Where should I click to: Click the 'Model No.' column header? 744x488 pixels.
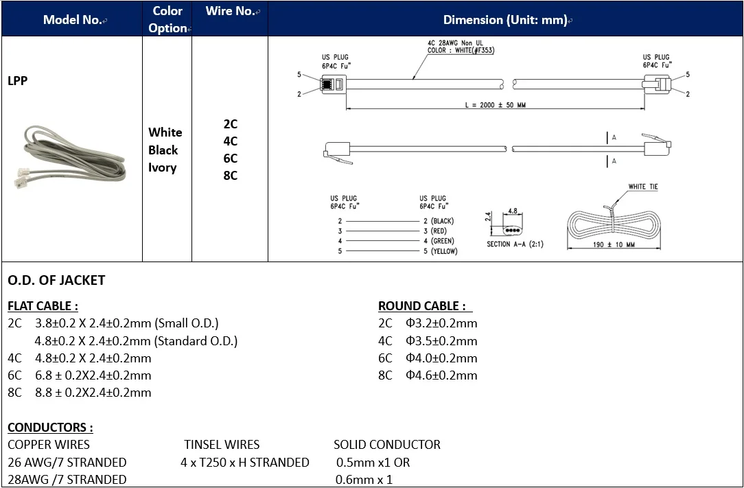coord(72,19)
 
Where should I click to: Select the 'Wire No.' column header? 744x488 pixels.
coord(230,11)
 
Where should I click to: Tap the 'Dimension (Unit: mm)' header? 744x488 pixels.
coord(505,20)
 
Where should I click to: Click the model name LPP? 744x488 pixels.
coord(18,80)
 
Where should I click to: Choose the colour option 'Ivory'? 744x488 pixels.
coord(163,167)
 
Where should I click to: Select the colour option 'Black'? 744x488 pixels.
coord(163,150)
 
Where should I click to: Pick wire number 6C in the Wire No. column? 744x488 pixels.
coord(230,158)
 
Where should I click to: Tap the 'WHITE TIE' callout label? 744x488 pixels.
coord(643,187)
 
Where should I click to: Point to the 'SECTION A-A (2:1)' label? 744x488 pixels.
coord(515,244)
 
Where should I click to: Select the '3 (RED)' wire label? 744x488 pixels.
coord(435,231)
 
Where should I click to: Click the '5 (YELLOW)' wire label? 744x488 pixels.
coord(440,251)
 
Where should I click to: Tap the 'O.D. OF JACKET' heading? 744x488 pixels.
coord(56,280)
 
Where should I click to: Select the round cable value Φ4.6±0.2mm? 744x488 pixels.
coord(441,375)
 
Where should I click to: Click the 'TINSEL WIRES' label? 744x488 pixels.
coord(222,444)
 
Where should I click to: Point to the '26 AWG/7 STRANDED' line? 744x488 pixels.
coord(67,462)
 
